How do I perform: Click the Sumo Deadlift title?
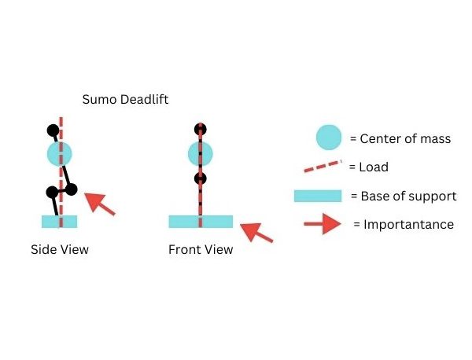point(125,100)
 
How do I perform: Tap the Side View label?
point(60,250)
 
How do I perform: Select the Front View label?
point(201,250)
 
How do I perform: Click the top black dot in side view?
point(53,130)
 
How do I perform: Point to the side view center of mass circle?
point(60,154)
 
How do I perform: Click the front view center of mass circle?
point(201,154)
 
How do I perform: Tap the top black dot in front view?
point(201,130)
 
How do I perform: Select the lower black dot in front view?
point(201,179)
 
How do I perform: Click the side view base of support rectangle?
point(59,222)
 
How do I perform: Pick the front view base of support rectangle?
point(201,222)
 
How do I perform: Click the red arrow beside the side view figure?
point(99,204)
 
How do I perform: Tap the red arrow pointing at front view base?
point(256,232)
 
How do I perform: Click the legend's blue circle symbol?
point(329,138)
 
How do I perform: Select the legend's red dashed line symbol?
point(323,167)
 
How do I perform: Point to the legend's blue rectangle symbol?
point(318,196)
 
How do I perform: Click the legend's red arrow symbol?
point(323,224)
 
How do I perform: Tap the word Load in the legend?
point(374,167)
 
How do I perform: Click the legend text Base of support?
point(408,197)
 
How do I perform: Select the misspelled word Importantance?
point(408,225)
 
